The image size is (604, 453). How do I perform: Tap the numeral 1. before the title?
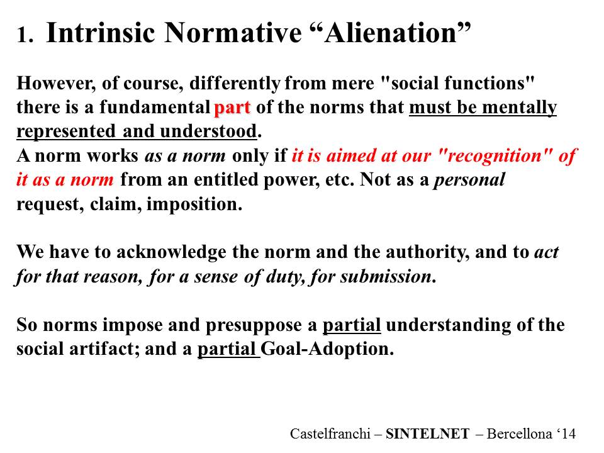pyautogui.click(x=25, y=35)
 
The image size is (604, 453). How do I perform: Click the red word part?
pyautogui.click(x=232, y=108)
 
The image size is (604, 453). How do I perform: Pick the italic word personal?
pyautogui.click(x=469, y=179)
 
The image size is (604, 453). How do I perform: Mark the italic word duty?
pyautogui.click(x=283, y=277)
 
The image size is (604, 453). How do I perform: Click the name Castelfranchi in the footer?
pyautogui.click(x=330, y=433)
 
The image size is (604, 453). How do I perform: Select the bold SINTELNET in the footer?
pyautogui.click(x=428, y=433)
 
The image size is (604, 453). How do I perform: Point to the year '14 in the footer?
pyautogui.click(x=566, y=433)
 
